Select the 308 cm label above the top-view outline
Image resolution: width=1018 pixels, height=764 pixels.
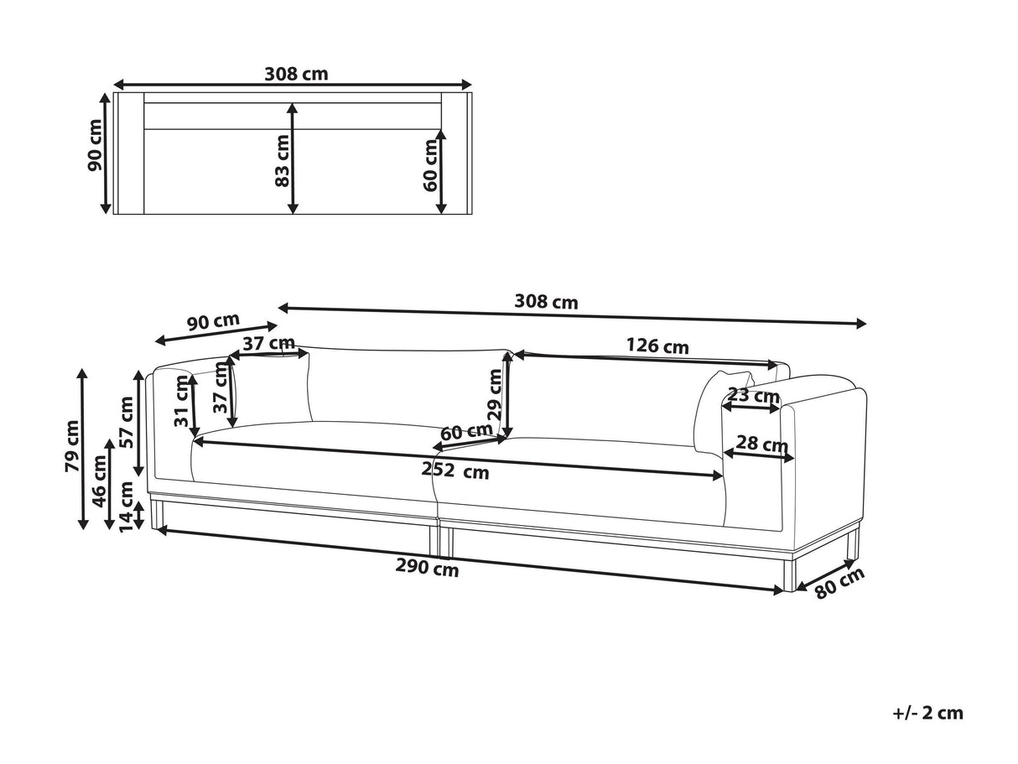[296, 74]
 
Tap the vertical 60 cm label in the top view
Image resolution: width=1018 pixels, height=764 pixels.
[430, 163]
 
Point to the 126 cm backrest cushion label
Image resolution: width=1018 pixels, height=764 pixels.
[657, 346]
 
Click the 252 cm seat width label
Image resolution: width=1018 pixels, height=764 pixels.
[454, 471]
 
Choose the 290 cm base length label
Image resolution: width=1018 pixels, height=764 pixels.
[427, 569]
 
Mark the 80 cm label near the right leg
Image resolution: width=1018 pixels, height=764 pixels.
[839, 584]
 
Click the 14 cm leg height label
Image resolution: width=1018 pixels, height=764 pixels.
[126, 507]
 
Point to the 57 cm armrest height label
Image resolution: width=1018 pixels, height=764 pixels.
[126, 422]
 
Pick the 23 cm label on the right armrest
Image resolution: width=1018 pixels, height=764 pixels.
[752, 395]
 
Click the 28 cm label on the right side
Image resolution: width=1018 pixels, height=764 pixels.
[761, 444]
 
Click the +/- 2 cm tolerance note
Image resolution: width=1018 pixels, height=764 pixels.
[928, 714]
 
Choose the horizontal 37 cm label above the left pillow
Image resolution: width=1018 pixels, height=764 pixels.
[269, 343]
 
